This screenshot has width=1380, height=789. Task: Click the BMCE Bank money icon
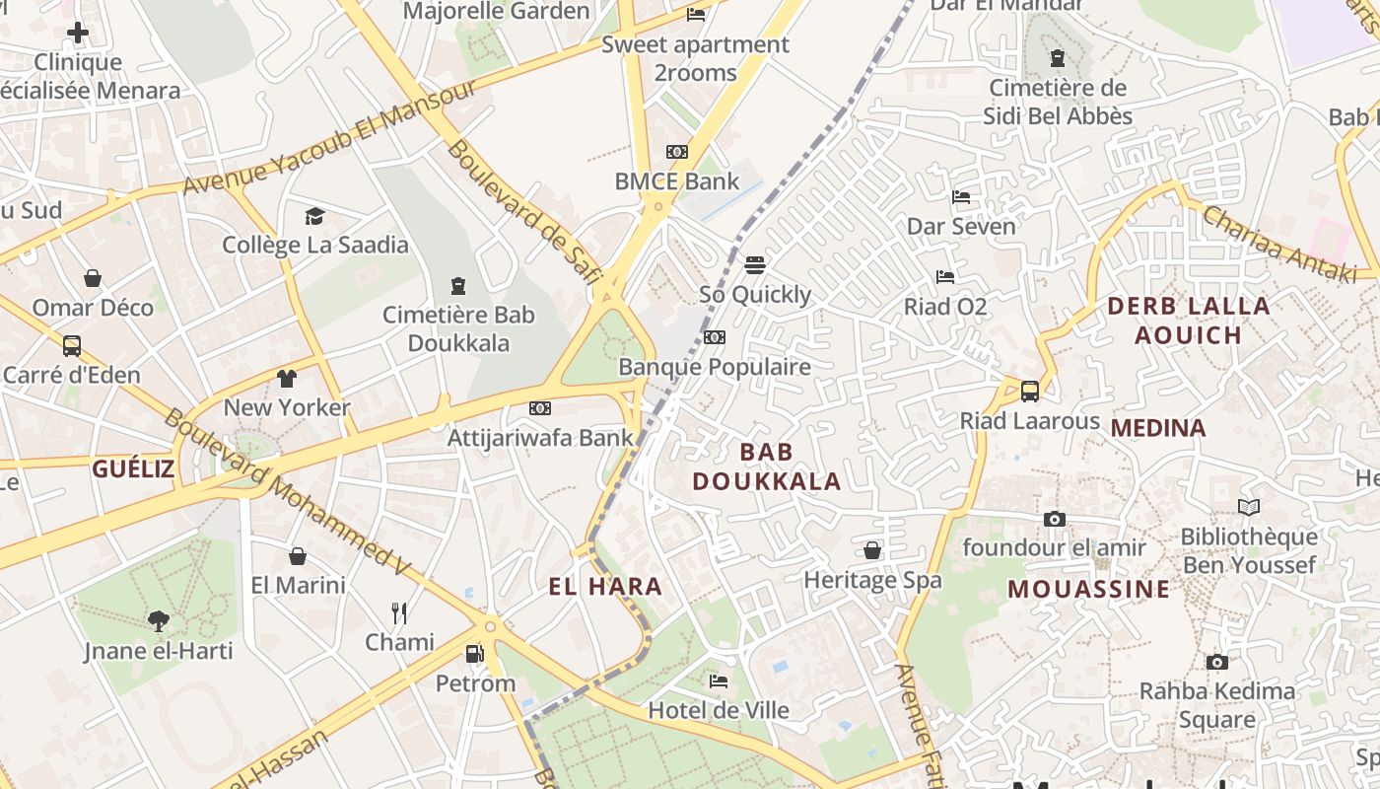pyautogui.click(x=676, y=152)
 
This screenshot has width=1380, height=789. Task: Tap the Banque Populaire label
pyautogui.click(x=714, y=367)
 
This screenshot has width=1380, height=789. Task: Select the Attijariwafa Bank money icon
pyautogui.click(x=539, y=408)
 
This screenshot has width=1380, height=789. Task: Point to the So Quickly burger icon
pyautogui.click(x=755, y=264)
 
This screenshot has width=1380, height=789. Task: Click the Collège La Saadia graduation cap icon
pyautogui.click(x=314, y=216)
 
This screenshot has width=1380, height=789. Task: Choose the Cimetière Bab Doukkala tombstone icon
pyautogui.click(x=457, y=286)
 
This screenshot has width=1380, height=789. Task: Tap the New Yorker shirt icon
pyautogui.click(x=286, y=378)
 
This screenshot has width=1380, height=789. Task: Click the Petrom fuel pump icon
pyautogui.click(x=474, y=654)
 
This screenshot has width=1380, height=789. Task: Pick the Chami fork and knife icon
pyautogui.click(x=399, y=613)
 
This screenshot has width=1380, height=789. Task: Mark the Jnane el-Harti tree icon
pyautogui.click(x=158, y=621)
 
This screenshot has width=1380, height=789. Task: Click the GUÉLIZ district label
pyautogui.click(x=133, y=468)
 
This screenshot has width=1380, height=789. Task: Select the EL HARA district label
pyautogui.click(x=605, y=587)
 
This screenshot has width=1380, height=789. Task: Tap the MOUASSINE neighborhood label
pyautogui.click(x=1088, y=590)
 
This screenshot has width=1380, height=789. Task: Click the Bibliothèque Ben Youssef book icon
pyautogui.click(x=1249, y=508)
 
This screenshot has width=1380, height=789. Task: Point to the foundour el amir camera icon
pyautogui.click(x=1054, y=519)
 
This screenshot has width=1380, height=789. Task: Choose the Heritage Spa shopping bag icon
pyautogui.click(x=872, y=550)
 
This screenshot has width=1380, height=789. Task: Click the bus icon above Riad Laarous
pyautogui.click(x=1029, y=392)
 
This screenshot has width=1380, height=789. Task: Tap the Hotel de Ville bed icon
pyautogui.click(x=719, y=681)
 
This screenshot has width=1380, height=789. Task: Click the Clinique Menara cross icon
pyautogui.click(x=77, y=34)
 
